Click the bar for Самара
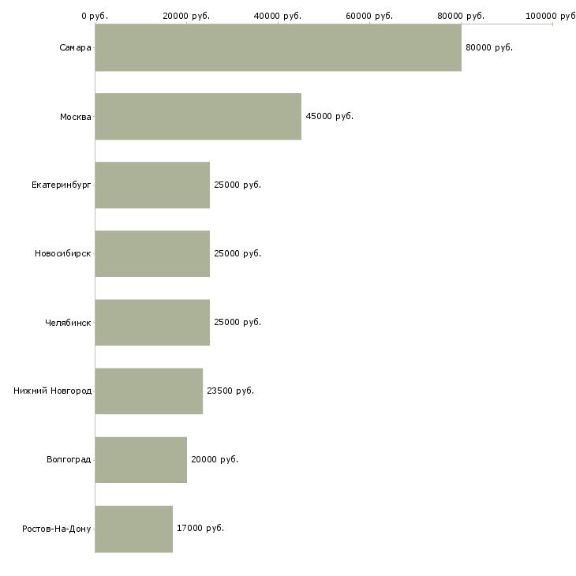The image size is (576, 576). pos(278,47)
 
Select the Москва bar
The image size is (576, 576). pos(198,117)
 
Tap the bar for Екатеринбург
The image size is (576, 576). pos(152,185)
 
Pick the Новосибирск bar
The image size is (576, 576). pos(152,254)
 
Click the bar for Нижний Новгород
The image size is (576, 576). pos(149,391)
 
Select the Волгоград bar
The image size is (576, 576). pos(140,460)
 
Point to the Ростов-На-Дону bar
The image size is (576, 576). pos(133,529)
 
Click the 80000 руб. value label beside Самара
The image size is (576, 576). pos(489,48)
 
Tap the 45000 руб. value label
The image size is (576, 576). pos(330,116)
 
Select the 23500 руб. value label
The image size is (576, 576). pos(230,391)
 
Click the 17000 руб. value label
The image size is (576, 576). pos(200,528)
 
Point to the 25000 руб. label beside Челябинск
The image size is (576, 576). pos(238,322)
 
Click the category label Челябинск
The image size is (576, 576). pos(68,323)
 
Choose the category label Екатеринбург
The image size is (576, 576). pos(61,185)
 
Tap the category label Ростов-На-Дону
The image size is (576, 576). pos(57,529)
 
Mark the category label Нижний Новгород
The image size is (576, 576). pos(52,391)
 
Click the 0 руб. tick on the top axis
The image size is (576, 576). pos(95,16)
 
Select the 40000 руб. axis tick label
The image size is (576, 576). pos(277,16)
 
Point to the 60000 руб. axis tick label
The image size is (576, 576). pos(369,16)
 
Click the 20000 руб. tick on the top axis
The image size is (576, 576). pos(186,16)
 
